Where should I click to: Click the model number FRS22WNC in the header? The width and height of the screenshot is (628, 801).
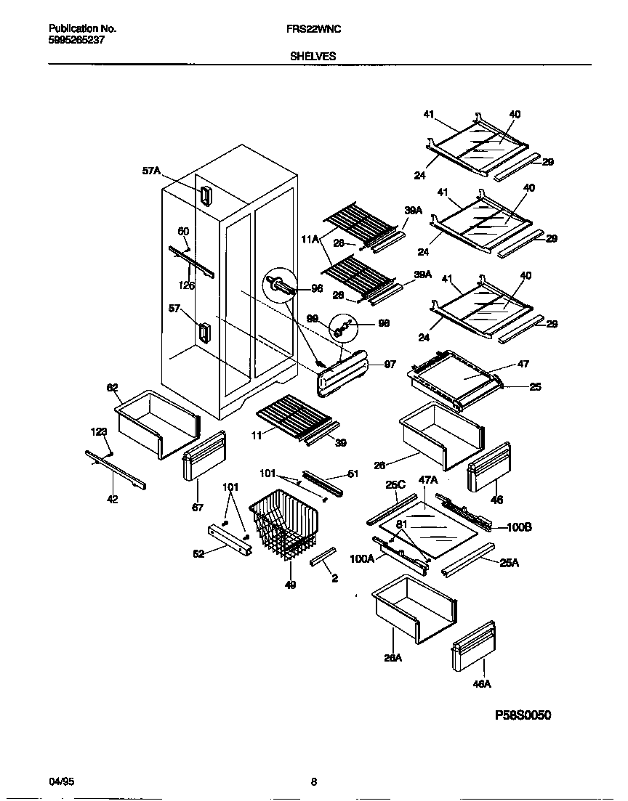313,28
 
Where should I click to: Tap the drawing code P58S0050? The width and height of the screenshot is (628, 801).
523,715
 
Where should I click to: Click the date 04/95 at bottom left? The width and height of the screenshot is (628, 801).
61,782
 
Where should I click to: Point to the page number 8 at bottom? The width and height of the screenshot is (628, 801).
314,782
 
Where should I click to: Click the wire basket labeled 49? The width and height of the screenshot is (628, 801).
285,526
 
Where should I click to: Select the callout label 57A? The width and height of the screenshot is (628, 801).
151,172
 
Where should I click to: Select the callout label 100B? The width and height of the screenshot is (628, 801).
520,527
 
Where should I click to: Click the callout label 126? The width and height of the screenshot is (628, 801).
188,285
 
